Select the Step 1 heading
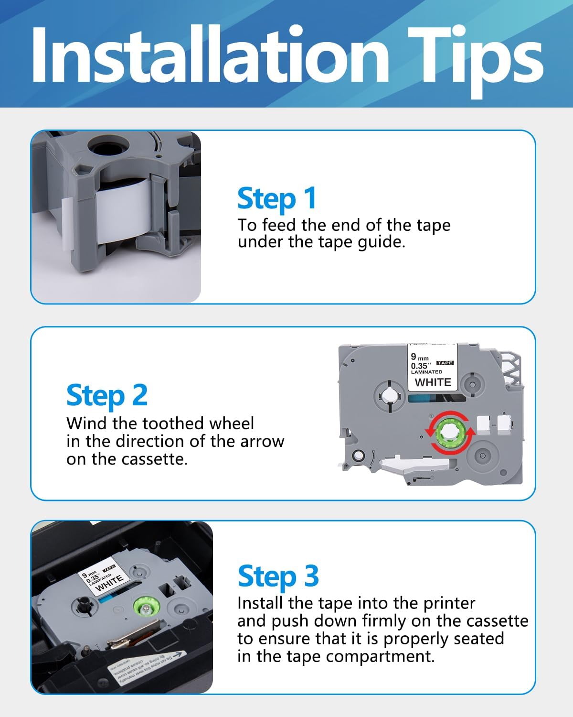277,198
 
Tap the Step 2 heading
107,396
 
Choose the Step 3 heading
278,576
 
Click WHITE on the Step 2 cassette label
433,382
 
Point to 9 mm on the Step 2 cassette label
420,357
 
